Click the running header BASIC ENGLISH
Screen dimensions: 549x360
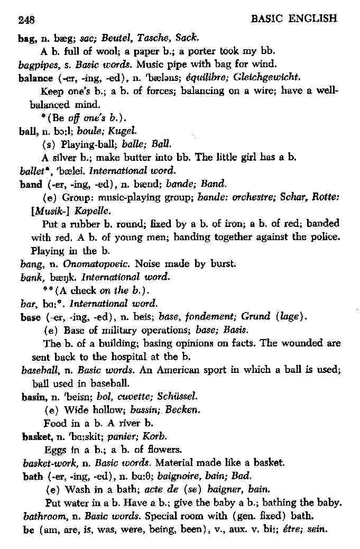pos(294,19)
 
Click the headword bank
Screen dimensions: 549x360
pos(31,277)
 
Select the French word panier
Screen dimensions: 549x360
pos(121,437)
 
